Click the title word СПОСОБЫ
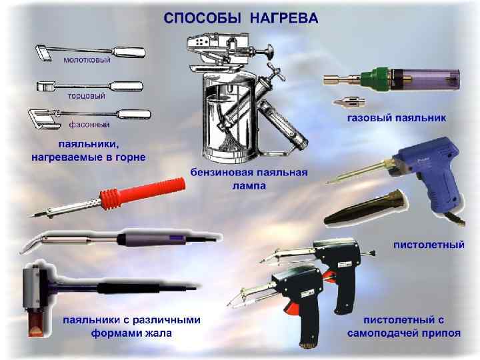[x=203, y=18]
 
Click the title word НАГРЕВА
[x=284, y=18]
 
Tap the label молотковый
[x=87, y=60]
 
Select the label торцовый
[x=86, y=96]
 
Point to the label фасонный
[x=89, y=125]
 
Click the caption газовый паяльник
[x=397, y=118]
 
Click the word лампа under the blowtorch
[x=249, y=185]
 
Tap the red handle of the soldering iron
[x=143, y=193]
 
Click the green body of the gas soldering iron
[x=376, y=79]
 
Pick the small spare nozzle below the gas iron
[x=349, y=102]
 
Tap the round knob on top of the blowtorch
[x=269, y=51]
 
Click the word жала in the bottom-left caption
[x=157, y=333]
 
